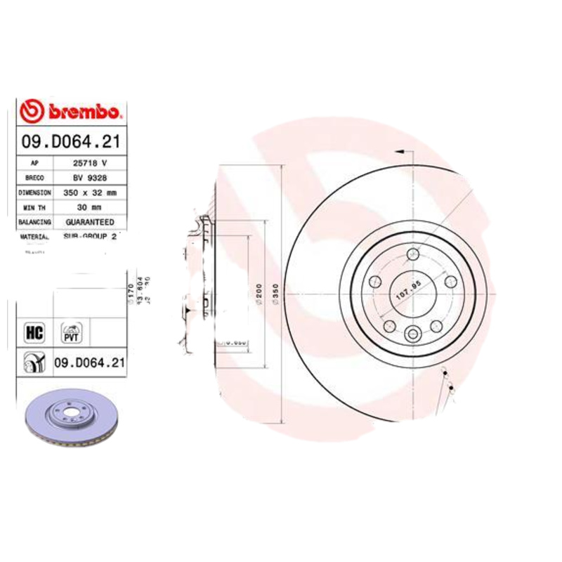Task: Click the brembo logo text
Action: (x=85, y=112)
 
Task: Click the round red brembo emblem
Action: (x=32, y=112)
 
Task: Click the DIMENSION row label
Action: (x=34, y=192)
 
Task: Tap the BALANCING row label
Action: (x=34, y=222)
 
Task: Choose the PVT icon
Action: (x=72, y=331)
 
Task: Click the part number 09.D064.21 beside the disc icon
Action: (x=89, y=362)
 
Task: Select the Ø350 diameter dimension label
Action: (x=276, y=293)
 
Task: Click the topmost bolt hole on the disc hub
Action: (x=413, y=254)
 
